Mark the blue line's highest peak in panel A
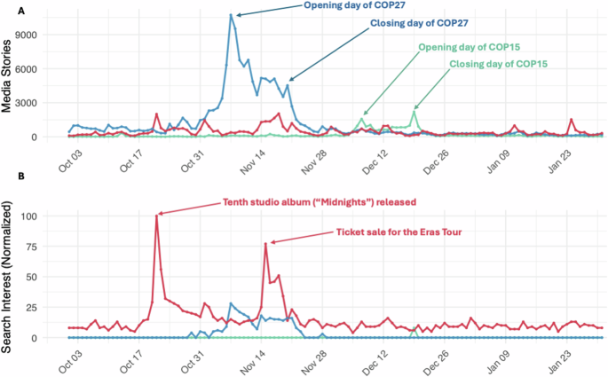tap(232, 14)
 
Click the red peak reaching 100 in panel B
tap(156, 216)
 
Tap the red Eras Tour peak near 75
tap(265, 243)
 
